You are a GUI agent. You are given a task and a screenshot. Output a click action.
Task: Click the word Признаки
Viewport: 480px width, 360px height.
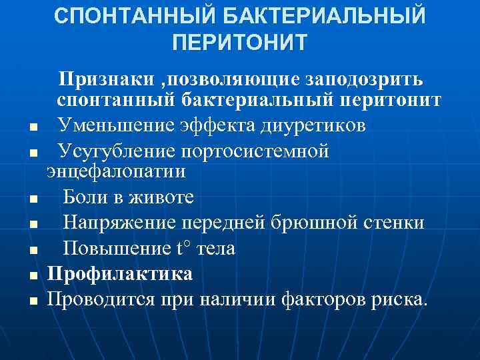coord(106,80)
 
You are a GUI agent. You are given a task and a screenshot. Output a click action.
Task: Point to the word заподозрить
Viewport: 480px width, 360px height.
coord(363,80)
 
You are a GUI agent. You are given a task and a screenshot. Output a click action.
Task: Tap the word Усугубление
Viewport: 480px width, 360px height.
coord(117,151)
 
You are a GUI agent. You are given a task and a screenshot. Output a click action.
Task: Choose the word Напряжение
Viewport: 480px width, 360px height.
coord(119,222)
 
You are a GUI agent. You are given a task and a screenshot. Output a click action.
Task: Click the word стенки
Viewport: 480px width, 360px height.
coord(393,222)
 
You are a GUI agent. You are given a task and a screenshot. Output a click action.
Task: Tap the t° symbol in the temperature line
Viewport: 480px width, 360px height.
coord(183,248)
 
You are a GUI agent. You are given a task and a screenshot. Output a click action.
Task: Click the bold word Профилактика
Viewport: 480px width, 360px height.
coord(120,273)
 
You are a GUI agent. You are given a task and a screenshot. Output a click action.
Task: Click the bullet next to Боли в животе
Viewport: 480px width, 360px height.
coord(33,199)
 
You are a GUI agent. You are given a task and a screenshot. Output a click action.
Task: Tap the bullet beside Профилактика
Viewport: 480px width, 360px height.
coord(33,275)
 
